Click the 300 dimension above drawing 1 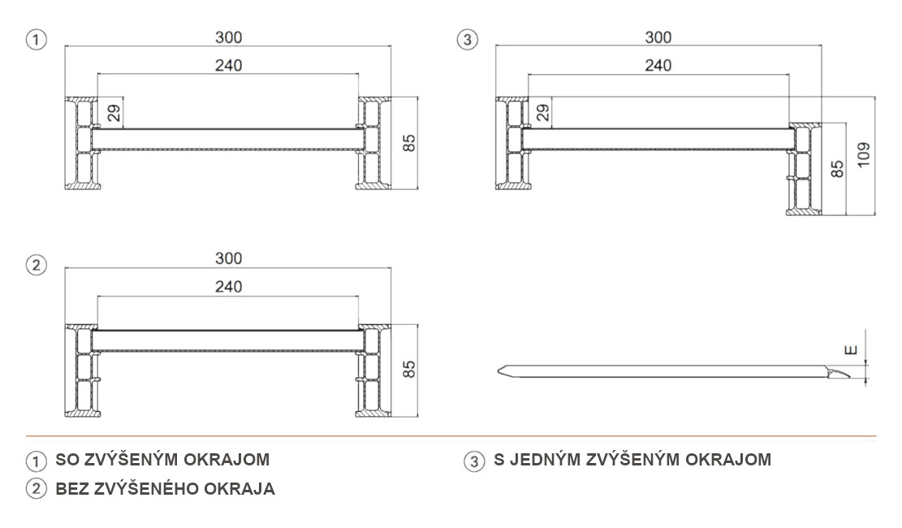(x=228, y=38)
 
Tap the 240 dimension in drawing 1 (x=228, y=66)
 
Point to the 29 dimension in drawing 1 (x=114, y=113)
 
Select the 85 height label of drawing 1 (x=408, y=143)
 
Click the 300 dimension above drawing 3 (x=658, y=38)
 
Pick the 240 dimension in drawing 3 (x=658, y=66)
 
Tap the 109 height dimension (x=864, y=155)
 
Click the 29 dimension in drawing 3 (x=542, y=113)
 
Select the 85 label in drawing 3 (x=838, y=169)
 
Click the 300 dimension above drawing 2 (x=228, y=259)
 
